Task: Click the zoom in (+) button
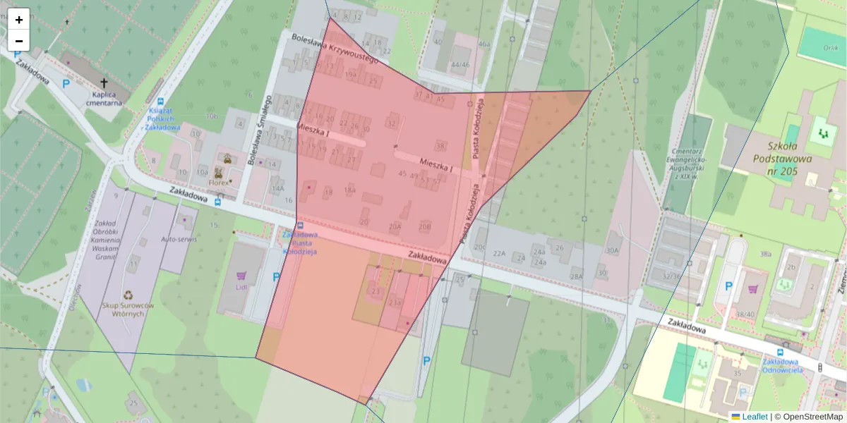19,20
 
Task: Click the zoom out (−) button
19,41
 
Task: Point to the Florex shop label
220,183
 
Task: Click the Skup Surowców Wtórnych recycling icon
128,295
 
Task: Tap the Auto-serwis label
179,240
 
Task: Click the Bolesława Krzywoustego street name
335,48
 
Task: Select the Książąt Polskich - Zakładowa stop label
164,118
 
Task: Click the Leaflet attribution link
755,417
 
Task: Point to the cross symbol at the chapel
104,82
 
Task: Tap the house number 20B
424,226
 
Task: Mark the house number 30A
611,250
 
